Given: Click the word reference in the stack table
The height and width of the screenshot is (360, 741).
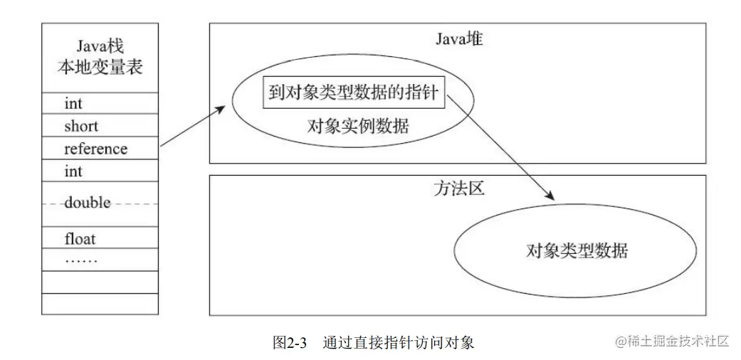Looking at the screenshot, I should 95,149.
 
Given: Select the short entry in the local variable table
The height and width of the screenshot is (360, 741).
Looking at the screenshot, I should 81,127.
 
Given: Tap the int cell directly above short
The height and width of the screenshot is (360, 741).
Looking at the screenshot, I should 73,104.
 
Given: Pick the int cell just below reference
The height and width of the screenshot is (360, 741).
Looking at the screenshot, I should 73,172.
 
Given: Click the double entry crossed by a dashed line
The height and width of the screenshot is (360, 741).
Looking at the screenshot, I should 88,203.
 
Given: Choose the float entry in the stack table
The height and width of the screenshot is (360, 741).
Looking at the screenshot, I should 80,239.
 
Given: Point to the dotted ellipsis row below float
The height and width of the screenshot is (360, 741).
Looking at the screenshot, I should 81,260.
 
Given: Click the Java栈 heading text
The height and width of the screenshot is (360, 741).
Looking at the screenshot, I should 100,47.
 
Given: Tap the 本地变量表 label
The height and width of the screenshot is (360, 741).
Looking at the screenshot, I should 100,69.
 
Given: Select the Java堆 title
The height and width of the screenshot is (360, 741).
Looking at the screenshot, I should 458,39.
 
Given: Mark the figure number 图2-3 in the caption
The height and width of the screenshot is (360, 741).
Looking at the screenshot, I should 290,342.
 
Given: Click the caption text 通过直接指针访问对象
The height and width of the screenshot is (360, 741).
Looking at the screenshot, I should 398,342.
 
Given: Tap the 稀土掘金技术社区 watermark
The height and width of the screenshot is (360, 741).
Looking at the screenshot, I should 672,341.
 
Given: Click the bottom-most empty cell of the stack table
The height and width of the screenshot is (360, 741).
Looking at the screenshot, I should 100,304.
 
